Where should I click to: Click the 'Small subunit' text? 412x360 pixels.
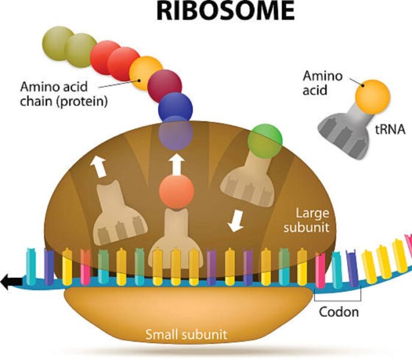(x=186, y=334)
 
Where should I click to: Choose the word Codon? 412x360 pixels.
(x=339, y=312)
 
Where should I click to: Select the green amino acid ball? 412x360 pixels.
(x=265, y=139)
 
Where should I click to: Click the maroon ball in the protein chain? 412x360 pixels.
(x=165, y=85)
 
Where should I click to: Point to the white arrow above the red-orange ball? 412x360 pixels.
(x=177, y=163)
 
